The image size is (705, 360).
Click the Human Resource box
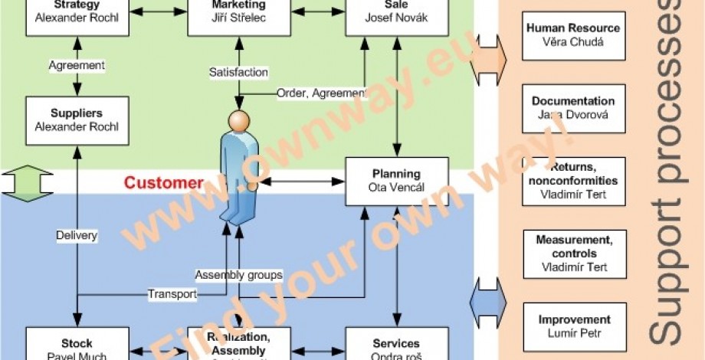[574, 35]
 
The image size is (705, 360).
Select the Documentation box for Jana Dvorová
[574, 108]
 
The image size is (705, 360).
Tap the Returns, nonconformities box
[574, 181]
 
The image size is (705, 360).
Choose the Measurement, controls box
[574, 254]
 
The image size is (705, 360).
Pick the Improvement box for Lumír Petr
[574, 326]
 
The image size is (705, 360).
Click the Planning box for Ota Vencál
[396, 182]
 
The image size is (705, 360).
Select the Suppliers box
[76, 120]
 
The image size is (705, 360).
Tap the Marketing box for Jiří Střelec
[238, 14]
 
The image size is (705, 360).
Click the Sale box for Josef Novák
[396, 14]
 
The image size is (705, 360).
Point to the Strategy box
[76, 14]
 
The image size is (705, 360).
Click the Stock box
[76, 346]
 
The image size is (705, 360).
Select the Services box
[396, 346]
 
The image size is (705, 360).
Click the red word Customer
[164, 183]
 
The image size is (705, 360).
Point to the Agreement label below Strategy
[77, 65]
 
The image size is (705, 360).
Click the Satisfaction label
[238, 73]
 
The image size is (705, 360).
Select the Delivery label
[77, 235]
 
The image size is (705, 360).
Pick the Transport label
[172, 293]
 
